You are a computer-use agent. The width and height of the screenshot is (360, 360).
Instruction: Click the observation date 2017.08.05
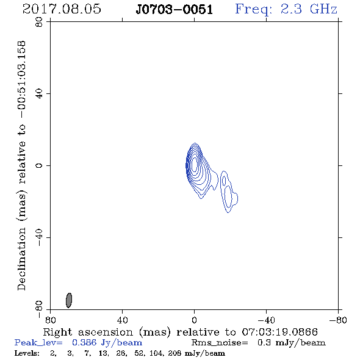tap(62, 9)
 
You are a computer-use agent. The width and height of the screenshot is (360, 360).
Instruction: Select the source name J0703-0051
tap(175, 10)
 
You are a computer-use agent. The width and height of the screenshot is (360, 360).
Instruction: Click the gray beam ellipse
tap(69, 300)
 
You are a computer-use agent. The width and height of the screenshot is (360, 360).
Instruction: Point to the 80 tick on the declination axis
tap(39, 22)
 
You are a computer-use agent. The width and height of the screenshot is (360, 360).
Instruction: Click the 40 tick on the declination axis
tap(39, 94)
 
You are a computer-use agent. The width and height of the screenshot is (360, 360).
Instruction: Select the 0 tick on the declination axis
tap(39, 165)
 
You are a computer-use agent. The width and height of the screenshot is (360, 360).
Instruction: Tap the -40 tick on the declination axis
tap(39, 237)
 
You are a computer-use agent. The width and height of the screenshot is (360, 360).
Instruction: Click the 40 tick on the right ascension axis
tap(122, 320)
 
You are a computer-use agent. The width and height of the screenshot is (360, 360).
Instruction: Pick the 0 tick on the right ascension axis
tap(194, 320)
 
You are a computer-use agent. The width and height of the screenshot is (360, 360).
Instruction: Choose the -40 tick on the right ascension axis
tap(266, 320)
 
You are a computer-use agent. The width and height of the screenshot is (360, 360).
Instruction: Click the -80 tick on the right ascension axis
tap(338, 320)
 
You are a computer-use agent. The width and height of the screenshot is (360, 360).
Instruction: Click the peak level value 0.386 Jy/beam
tap(107, 343)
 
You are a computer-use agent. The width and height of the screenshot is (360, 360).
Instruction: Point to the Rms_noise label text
tap(220, 343)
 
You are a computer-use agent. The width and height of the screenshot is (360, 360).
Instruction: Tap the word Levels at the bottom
tap(27, 353)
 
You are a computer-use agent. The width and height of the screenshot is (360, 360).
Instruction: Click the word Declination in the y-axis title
tap(21, 259)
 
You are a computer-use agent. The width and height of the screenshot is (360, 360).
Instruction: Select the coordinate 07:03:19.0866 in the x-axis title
tap(279, 332)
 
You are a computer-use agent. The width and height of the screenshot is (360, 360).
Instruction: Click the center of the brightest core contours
tap(194, 164)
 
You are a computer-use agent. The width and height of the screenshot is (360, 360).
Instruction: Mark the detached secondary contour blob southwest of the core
tap(229, 192)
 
